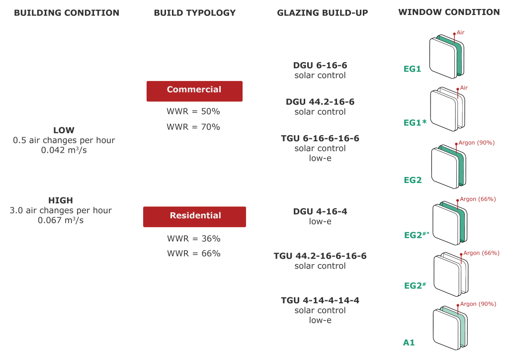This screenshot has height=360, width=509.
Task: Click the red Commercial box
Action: tap(194, 91)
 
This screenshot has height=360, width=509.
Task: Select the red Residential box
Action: tap(194, 217)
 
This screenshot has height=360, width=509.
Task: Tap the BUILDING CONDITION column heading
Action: tap(67, 13)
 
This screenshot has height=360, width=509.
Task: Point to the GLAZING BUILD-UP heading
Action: tap(322, 13)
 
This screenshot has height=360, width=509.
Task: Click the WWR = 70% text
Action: tap(193, 127)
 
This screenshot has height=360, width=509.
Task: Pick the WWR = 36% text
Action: tap(194, 239)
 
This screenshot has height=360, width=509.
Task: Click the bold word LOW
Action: tap(64, 130)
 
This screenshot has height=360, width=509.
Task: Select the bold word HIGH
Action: tap(61, 200)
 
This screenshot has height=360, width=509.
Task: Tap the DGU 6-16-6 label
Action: tap(320, 65)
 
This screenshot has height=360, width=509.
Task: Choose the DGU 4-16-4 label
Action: tap(320, 211)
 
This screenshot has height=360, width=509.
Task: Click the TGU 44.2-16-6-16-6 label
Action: tap(320, 256)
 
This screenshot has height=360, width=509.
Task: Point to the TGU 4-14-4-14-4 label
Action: tap(320, 300)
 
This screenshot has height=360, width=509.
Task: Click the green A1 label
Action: tap(409, 343)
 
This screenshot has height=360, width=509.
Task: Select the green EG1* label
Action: tap(415, 123)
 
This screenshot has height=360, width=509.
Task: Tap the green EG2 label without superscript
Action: tap(413, 180)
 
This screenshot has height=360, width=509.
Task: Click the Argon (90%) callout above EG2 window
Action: tap(476, 143)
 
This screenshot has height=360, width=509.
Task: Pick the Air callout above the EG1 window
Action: tap(460, 32)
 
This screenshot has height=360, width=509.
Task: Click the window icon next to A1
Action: tap(450, 328)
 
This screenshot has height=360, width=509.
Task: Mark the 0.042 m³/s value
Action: tap(64, 150)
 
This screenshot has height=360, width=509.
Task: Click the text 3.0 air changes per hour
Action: tap(61, 210)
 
